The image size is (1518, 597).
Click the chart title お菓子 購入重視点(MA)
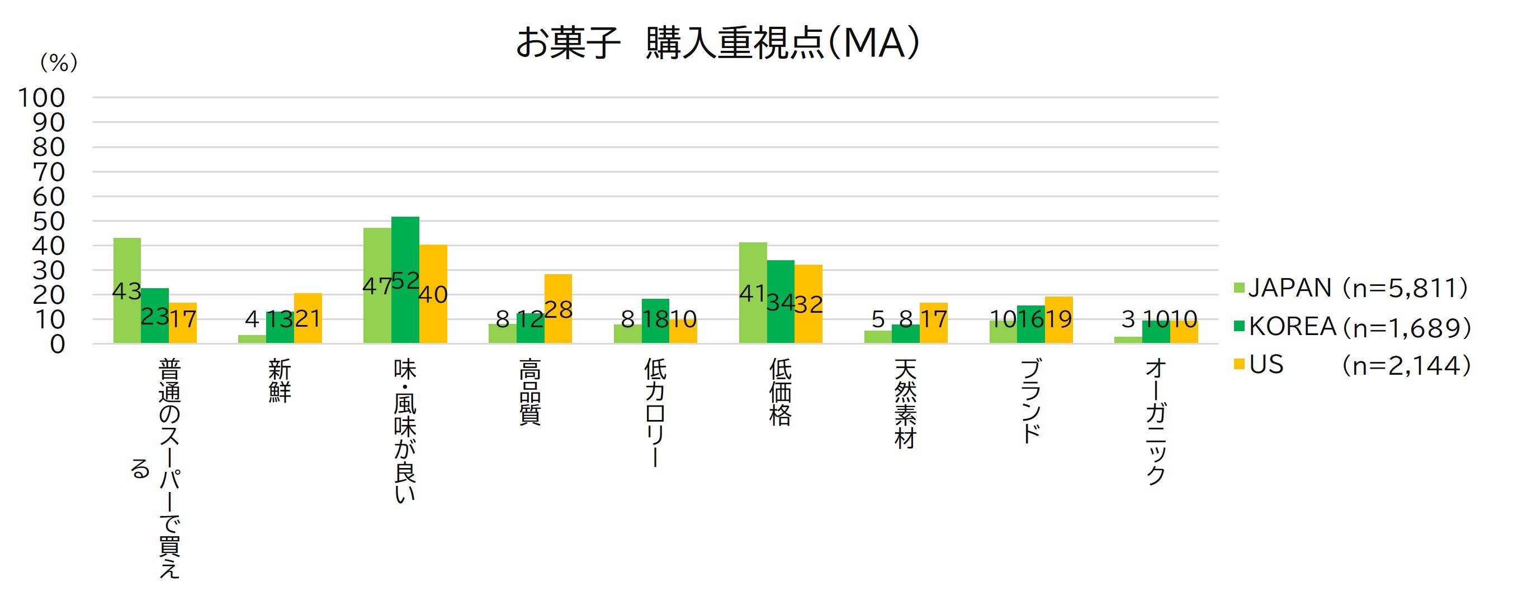coord(717,43)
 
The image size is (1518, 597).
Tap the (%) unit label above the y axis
coord(58,63)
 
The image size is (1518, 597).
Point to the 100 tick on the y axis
coord(41,98)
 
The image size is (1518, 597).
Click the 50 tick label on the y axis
coord(48,221)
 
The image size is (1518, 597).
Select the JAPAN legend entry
coord(1350,288)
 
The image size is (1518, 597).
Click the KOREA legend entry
coord(1353,327)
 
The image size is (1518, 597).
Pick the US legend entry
coord(1353,365)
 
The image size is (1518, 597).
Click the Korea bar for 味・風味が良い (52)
coord(405,280)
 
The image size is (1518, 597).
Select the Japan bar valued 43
coord(127,291)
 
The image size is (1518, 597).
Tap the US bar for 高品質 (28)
coord(558,309)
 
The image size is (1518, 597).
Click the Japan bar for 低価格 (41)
coord(753,293)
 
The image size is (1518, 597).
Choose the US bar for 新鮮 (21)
coord(308,318)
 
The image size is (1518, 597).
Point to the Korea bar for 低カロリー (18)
coord(655,321)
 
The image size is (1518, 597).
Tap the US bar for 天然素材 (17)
coord(933,323)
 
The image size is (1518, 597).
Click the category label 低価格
coord(780,393)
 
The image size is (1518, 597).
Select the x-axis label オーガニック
coord(1156,422)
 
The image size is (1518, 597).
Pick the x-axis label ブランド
coord(1030,401)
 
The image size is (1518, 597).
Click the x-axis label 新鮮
coord(280,381)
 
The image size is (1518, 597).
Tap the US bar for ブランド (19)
coord(1058,319)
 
